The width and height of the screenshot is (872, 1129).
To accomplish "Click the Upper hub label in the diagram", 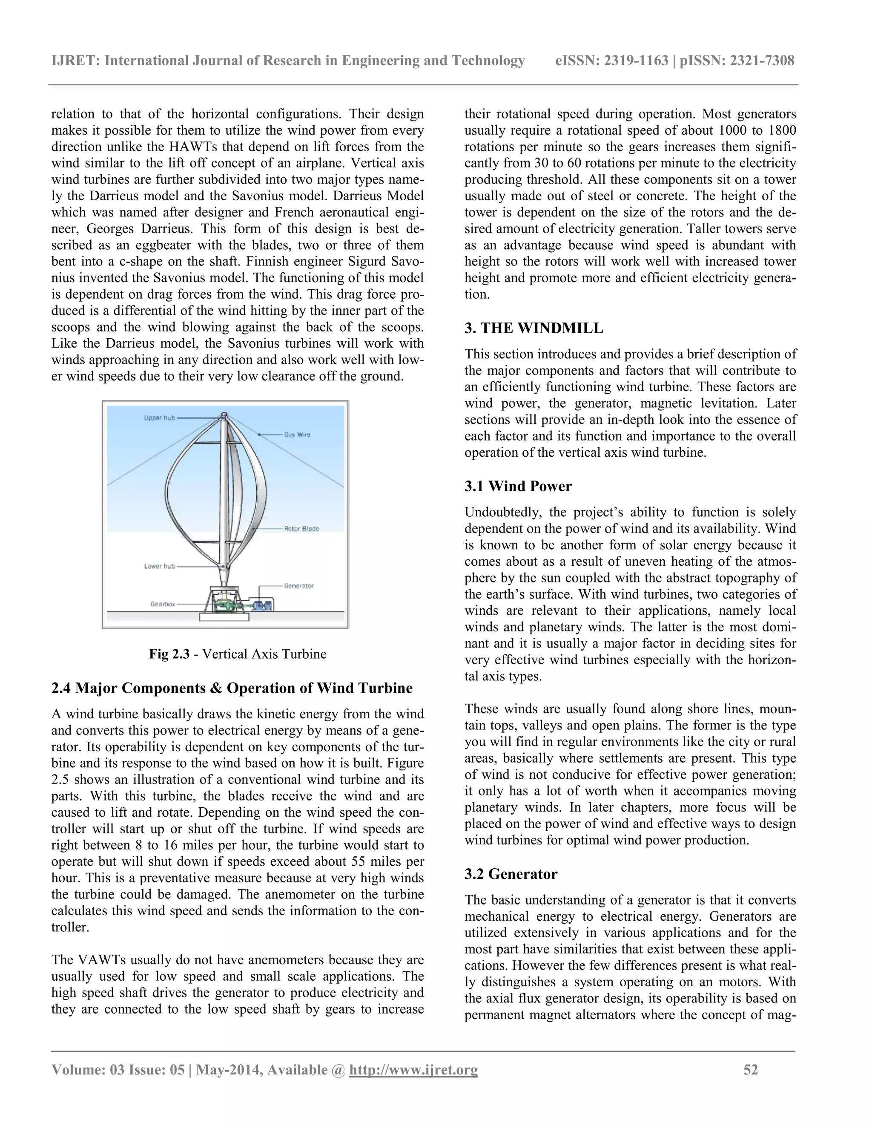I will pos(160,418).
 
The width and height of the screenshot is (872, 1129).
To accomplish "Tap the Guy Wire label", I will pos(297,435).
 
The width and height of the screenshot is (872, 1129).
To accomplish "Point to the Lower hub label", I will pos(159,566).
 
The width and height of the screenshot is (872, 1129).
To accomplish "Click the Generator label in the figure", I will pos(298,586).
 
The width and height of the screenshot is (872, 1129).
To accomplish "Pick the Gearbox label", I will pos(162,604).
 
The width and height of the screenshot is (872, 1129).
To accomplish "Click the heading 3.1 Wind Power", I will pos(518,486).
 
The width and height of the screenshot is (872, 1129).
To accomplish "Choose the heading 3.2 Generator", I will pos(511,874).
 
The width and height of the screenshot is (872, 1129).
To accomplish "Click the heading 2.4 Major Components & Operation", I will pos(232,688).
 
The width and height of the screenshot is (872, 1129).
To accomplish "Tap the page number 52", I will pos(751,1069).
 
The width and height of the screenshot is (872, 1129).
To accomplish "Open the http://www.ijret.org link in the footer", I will pos(413,1069).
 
